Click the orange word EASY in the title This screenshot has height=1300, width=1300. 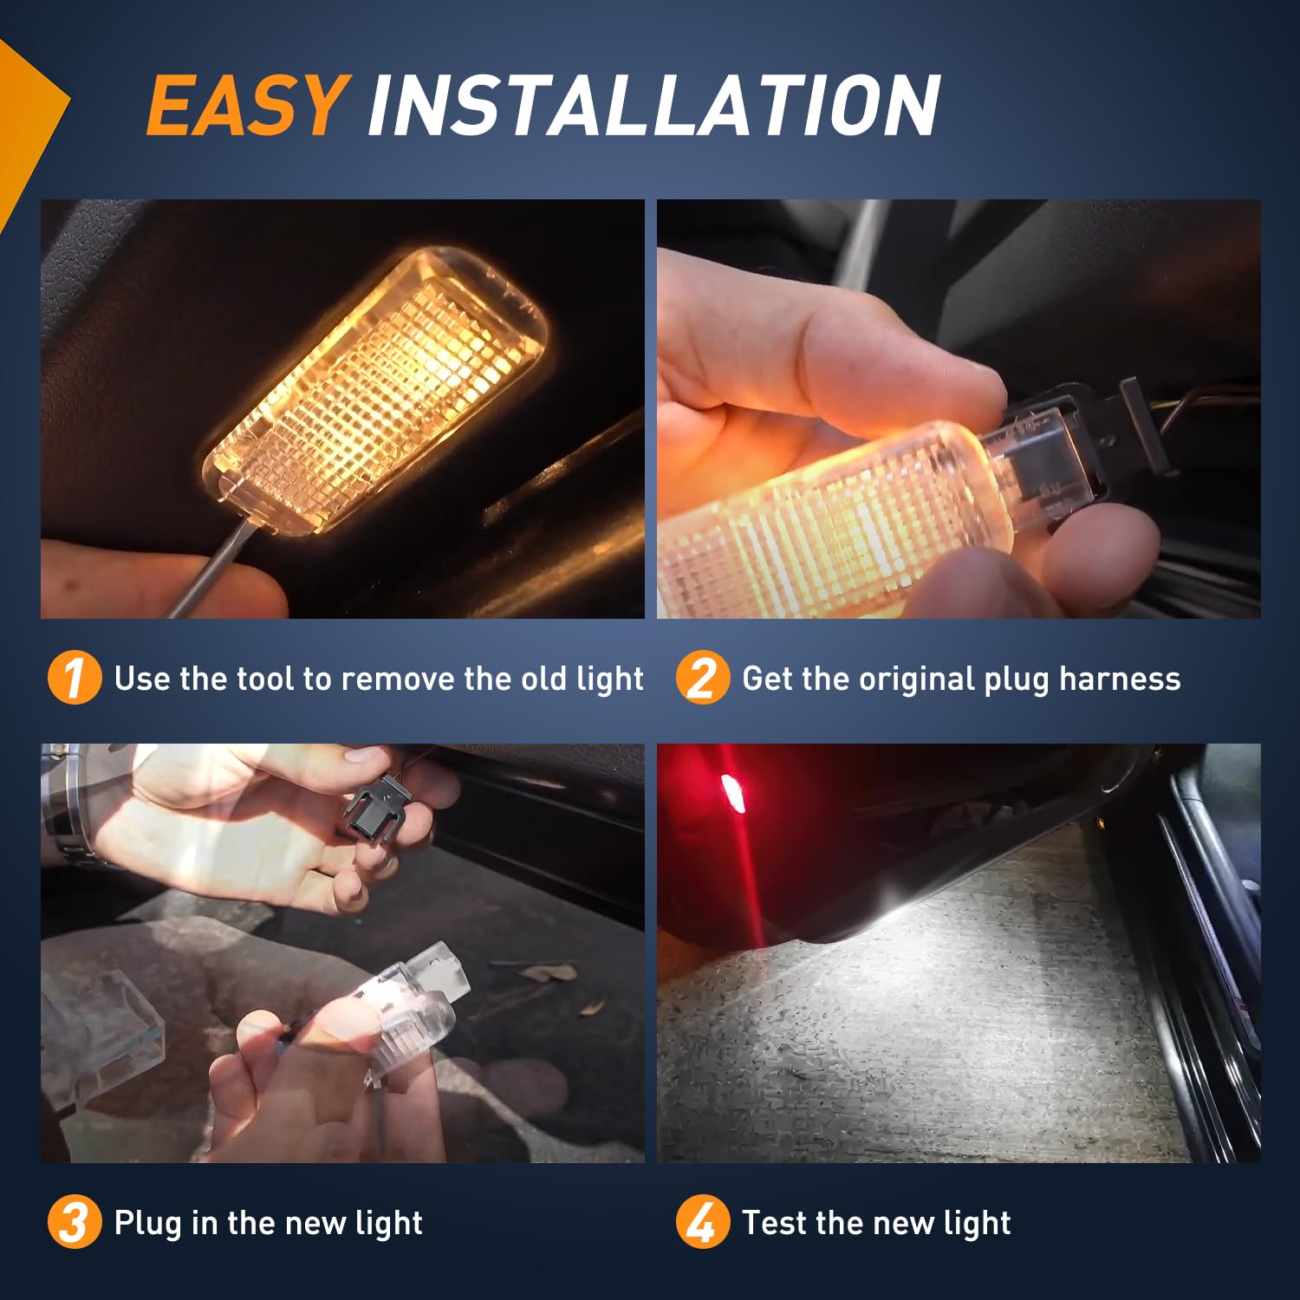(x=247, y=106)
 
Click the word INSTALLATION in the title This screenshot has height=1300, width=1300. (x=653, y=106)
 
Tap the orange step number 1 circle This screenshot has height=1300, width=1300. (x=74, y=678)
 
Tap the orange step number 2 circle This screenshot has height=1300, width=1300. (x=702, y=678)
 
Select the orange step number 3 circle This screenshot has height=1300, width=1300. (x=74, y=1222)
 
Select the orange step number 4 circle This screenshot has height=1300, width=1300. (x=702, y=1222)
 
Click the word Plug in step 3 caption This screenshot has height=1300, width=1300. (x=148, y=1223)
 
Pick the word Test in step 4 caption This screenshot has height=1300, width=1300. (x=774, y=1223)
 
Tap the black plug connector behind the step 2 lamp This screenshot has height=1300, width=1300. (x=1135, y=425)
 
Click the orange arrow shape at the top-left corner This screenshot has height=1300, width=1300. (x=26, y=121)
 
